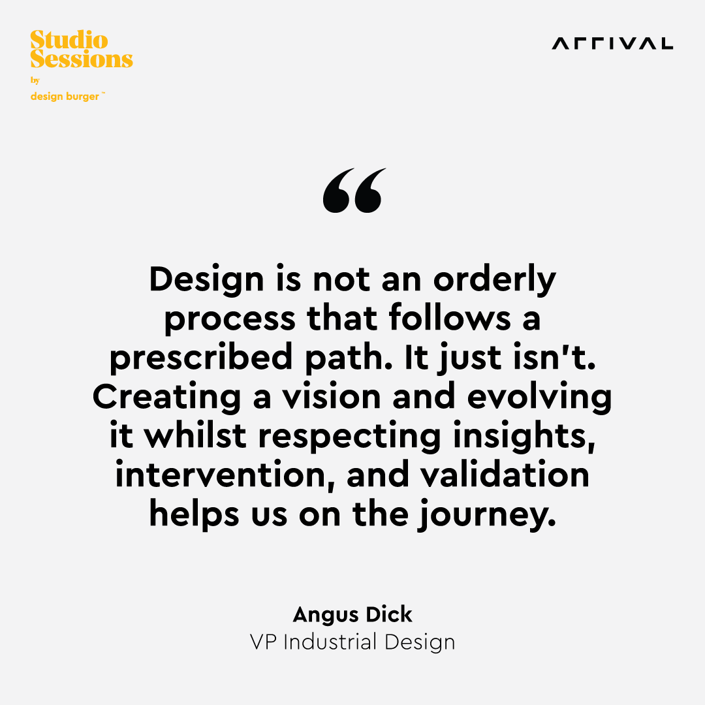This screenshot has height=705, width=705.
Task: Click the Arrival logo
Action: pos(612,44)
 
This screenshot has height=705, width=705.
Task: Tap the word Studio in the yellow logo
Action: pos(69,40)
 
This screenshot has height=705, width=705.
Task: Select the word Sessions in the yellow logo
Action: pos(82,59)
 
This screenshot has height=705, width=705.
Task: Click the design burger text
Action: pos(65,96)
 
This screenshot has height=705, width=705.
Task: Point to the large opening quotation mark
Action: pos(354,190)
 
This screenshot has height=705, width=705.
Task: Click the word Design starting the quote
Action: pos(206,280)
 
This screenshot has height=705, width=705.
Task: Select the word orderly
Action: pos(495,280)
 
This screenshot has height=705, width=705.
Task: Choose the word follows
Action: pos(450,318)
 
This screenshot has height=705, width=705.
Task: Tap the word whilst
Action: pos(195,435)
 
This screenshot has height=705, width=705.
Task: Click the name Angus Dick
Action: pos(352,615)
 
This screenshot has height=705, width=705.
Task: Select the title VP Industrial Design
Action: pos(352,642)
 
